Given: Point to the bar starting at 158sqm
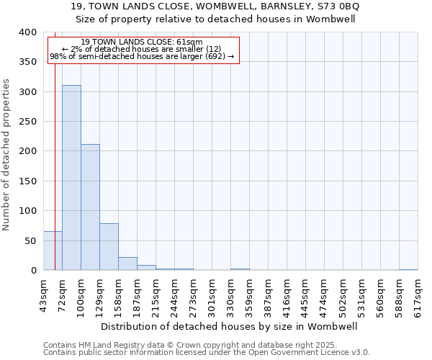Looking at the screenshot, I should [x=127, y=264].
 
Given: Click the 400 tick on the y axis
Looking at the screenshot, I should [x=28, y=32].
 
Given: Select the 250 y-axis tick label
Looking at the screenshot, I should [x=28, y=122].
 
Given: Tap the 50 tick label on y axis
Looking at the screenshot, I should [x=31, y=240].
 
